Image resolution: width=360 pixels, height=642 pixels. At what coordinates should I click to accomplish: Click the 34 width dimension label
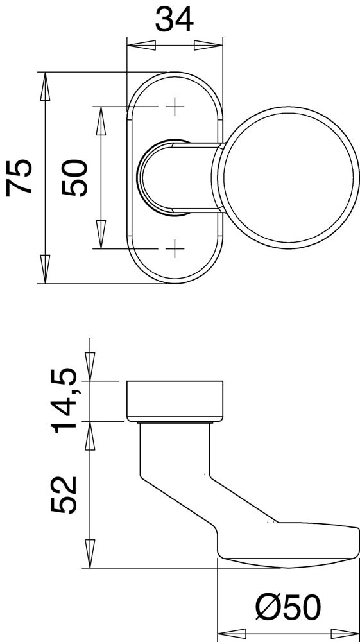tap(175, 19)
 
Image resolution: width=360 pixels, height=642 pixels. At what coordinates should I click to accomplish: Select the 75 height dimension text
tap(19, 178)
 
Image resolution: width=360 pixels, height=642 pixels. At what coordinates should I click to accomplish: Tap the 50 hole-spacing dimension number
tap(75, 178)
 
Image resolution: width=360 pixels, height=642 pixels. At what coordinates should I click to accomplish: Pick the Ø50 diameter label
tap(288, 607)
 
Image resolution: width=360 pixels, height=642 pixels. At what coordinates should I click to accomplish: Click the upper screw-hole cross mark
tap(175, 107)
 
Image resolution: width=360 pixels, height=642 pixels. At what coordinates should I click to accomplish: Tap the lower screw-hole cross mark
tap(175, 248)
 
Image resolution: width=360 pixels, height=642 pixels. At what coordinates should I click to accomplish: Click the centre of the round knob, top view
tap(288, 177)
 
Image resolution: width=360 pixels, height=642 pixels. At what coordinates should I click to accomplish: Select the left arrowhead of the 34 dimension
tap(141, 46)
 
